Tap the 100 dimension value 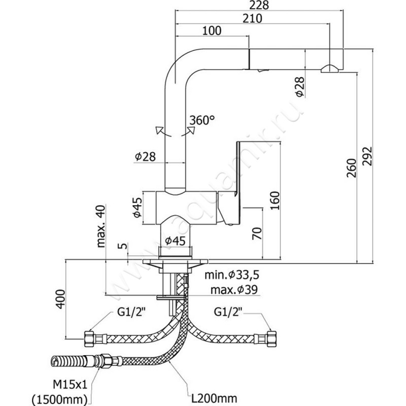coord(212,30)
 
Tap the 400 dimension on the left coord(61,299)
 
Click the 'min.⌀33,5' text coord(231,276)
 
